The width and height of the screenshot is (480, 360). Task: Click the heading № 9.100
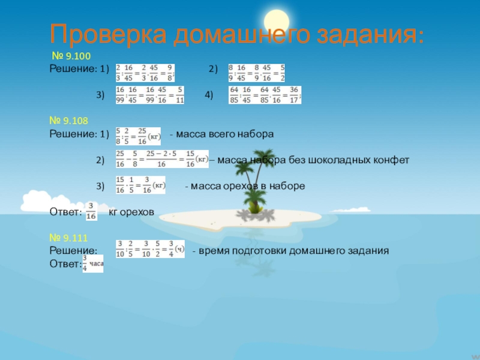point(70,56)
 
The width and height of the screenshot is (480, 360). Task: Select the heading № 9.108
point(70,121)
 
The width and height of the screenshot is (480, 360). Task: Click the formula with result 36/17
point(265,95)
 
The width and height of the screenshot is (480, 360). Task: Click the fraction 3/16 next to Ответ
point(92,212)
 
